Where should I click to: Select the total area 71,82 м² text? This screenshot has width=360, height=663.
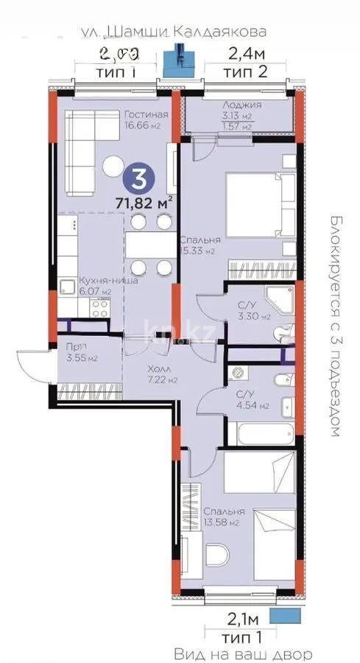pos(144,200)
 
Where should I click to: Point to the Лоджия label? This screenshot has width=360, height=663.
pos(237,105)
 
